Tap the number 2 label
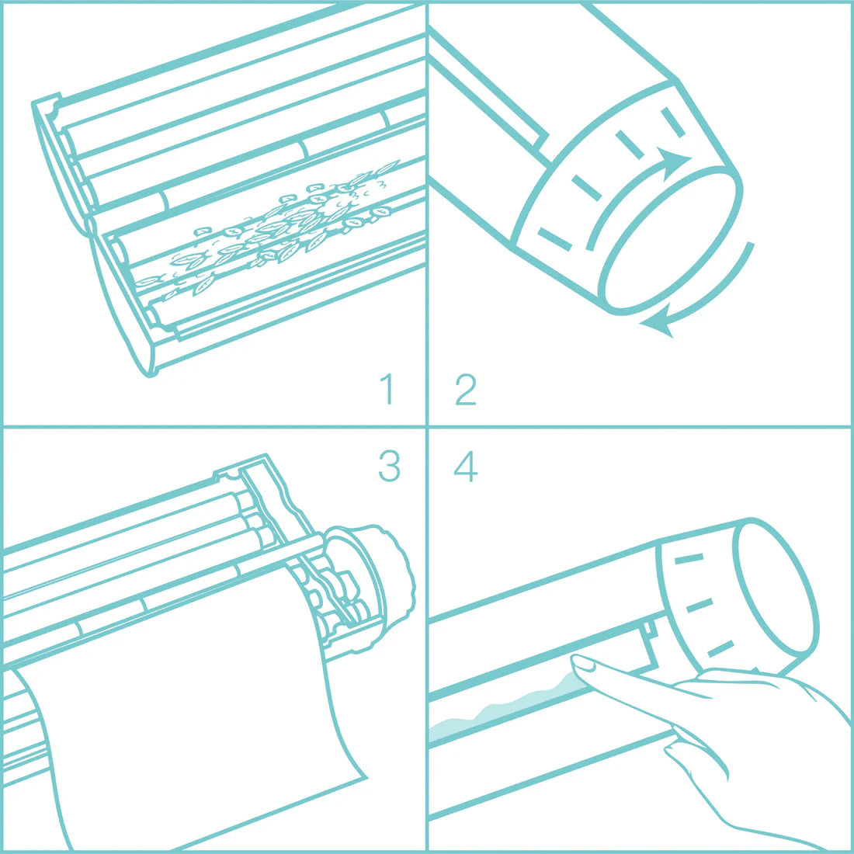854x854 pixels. pos(465,389)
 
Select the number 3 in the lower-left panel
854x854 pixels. pos(389,465)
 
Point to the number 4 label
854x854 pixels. pos(465,466)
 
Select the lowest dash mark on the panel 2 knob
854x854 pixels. pos(554,238)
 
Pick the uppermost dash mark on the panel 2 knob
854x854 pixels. pos(673,122)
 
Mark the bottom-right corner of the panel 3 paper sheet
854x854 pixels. pos(364,776)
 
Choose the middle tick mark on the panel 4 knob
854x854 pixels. pos(700,605)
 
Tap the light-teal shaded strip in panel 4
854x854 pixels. pos(505,710)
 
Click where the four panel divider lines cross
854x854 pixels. pos(427,426)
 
